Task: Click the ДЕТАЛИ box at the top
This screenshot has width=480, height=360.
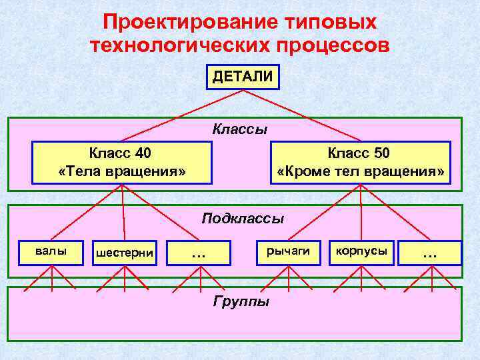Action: coord(242,77)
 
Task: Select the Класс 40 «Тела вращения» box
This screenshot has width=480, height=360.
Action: coord(121,162)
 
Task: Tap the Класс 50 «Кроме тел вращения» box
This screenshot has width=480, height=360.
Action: coord(360,162)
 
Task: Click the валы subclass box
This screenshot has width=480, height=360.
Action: coord(51,251)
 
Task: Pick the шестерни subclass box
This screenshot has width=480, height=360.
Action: coord(125,253)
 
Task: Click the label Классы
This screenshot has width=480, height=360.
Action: coord(239,129)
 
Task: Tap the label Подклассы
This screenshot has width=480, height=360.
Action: coord(243,218)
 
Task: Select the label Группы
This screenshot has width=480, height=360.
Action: coord(241,301)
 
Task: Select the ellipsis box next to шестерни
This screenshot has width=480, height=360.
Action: coord(198,252)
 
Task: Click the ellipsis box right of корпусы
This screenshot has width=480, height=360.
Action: coord(430,252)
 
